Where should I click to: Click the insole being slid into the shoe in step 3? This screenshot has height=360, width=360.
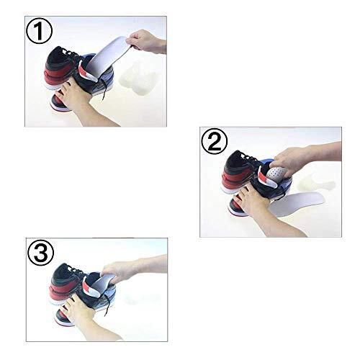107,282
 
